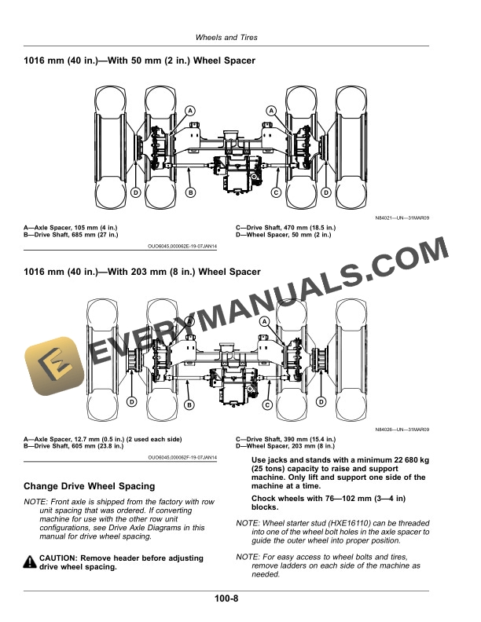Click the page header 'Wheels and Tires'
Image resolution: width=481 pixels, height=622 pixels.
coord(226,37)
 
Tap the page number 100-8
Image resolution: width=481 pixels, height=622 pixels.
coord(226,598)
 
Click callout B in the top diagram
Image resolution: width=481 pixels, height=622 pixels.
coord(190,192)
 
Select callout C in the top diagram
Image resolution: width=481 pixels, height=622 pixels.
coord(276,192)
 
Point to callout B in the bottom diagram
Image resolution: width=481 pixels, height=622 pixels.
coord(189,405)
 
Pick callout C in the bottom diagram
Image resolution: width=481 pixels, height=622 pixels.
coord(267,405)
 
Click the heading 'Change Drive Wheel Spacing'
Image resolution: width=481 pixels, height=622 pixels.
coord(90,486)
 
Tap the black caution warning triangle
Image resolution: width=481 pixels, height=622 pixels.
coord(30,562)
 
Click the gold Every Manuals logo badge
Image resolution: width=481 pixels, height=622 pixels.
coord(54,366)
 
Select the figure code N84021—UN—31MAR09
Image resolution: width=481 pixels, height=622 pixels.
coord(402,218)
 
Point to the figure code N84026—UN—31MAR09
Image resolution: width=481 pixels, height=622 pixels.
coord(402,430)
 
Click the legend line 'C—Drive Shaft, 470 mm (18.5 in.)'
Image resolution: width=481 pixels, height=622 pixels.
coord(285,228)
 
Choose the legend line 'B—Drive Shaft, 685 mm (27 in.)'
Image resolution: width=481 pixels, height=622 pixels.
coord(71,235)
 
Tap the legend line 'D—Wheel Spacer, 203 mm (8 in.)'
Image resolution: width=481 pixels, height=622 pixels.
coord(285,446)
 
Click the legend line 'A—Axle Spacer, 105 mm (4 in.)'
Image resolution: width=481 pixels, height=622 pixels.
coord(71,228)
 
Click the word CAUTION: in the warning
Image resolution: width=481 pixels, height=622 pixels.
coord(58,558)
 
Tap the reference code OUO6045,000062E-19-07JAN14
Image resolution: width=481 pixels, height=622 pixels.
coord(182,247)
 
